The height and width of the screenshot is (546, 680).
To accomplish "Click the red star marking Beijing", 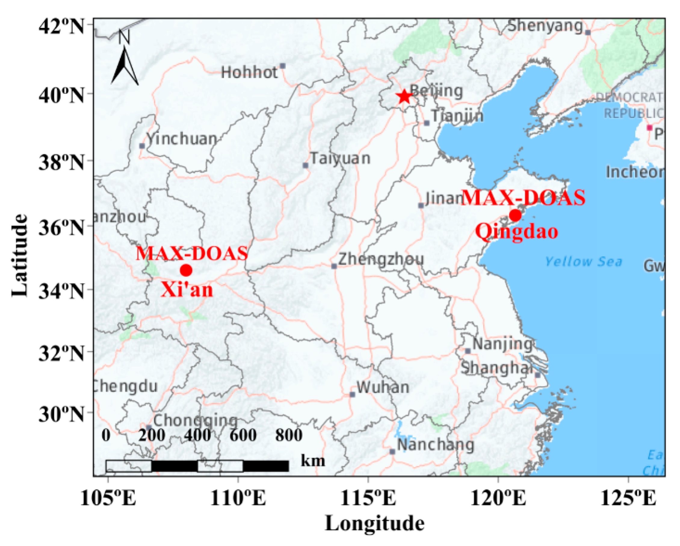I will pyautogui.click(x=404, y=97).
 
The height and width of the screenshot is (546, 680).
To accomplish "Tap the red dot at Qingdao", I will pyautogui.click(x=515, y=216).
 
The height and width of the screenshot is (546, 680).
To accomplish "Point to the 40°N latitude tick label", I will pyautogui.click(x=61, y=95).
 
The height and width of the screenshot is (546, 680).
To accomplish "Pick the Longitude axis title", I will pyautogui.click(x=374, y=524).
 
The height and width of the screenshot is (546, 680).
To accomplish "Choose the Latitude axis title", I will pyautogui.click(x=20, y=255).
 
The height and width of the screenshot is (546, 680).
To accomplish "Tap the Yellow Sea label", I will pyautogui.click(x=583, y=262).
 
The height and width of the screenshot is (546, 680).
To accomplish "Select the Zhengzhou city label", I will pyautogui.click(x=381, y=259).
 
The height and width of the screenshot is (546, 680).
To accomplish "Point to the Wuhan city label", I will pyautogui.click(x=383, y=387).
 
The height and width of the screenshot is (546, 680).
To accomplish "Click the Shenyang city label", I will pyautogui.click(x=545, y=26).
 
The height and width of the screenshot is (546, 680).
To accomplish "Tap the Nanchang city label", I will pyautogui.click(x=435, y=445).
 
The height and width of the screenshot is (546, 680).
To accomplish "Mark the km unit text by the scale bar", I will pyautogui.click(x=313, y=461).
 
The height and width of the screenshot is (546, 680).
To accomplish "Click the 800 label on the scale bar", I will pyautogui.click(x=289, y=435).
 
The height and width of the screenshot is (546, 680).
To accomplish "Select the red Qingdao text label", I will pyautogui.click(x=517, y=232).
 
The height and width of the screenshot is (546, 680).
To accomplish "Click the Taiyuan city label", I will pyautogui.click(x=340, y=158).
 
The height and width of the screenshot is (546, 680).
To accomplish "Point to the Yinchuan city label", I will pyautogui.click(x=182, y=139).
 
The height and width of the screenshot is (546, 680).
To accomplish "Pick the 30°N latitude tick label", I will pyautogui.click(x=61, y=414).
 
